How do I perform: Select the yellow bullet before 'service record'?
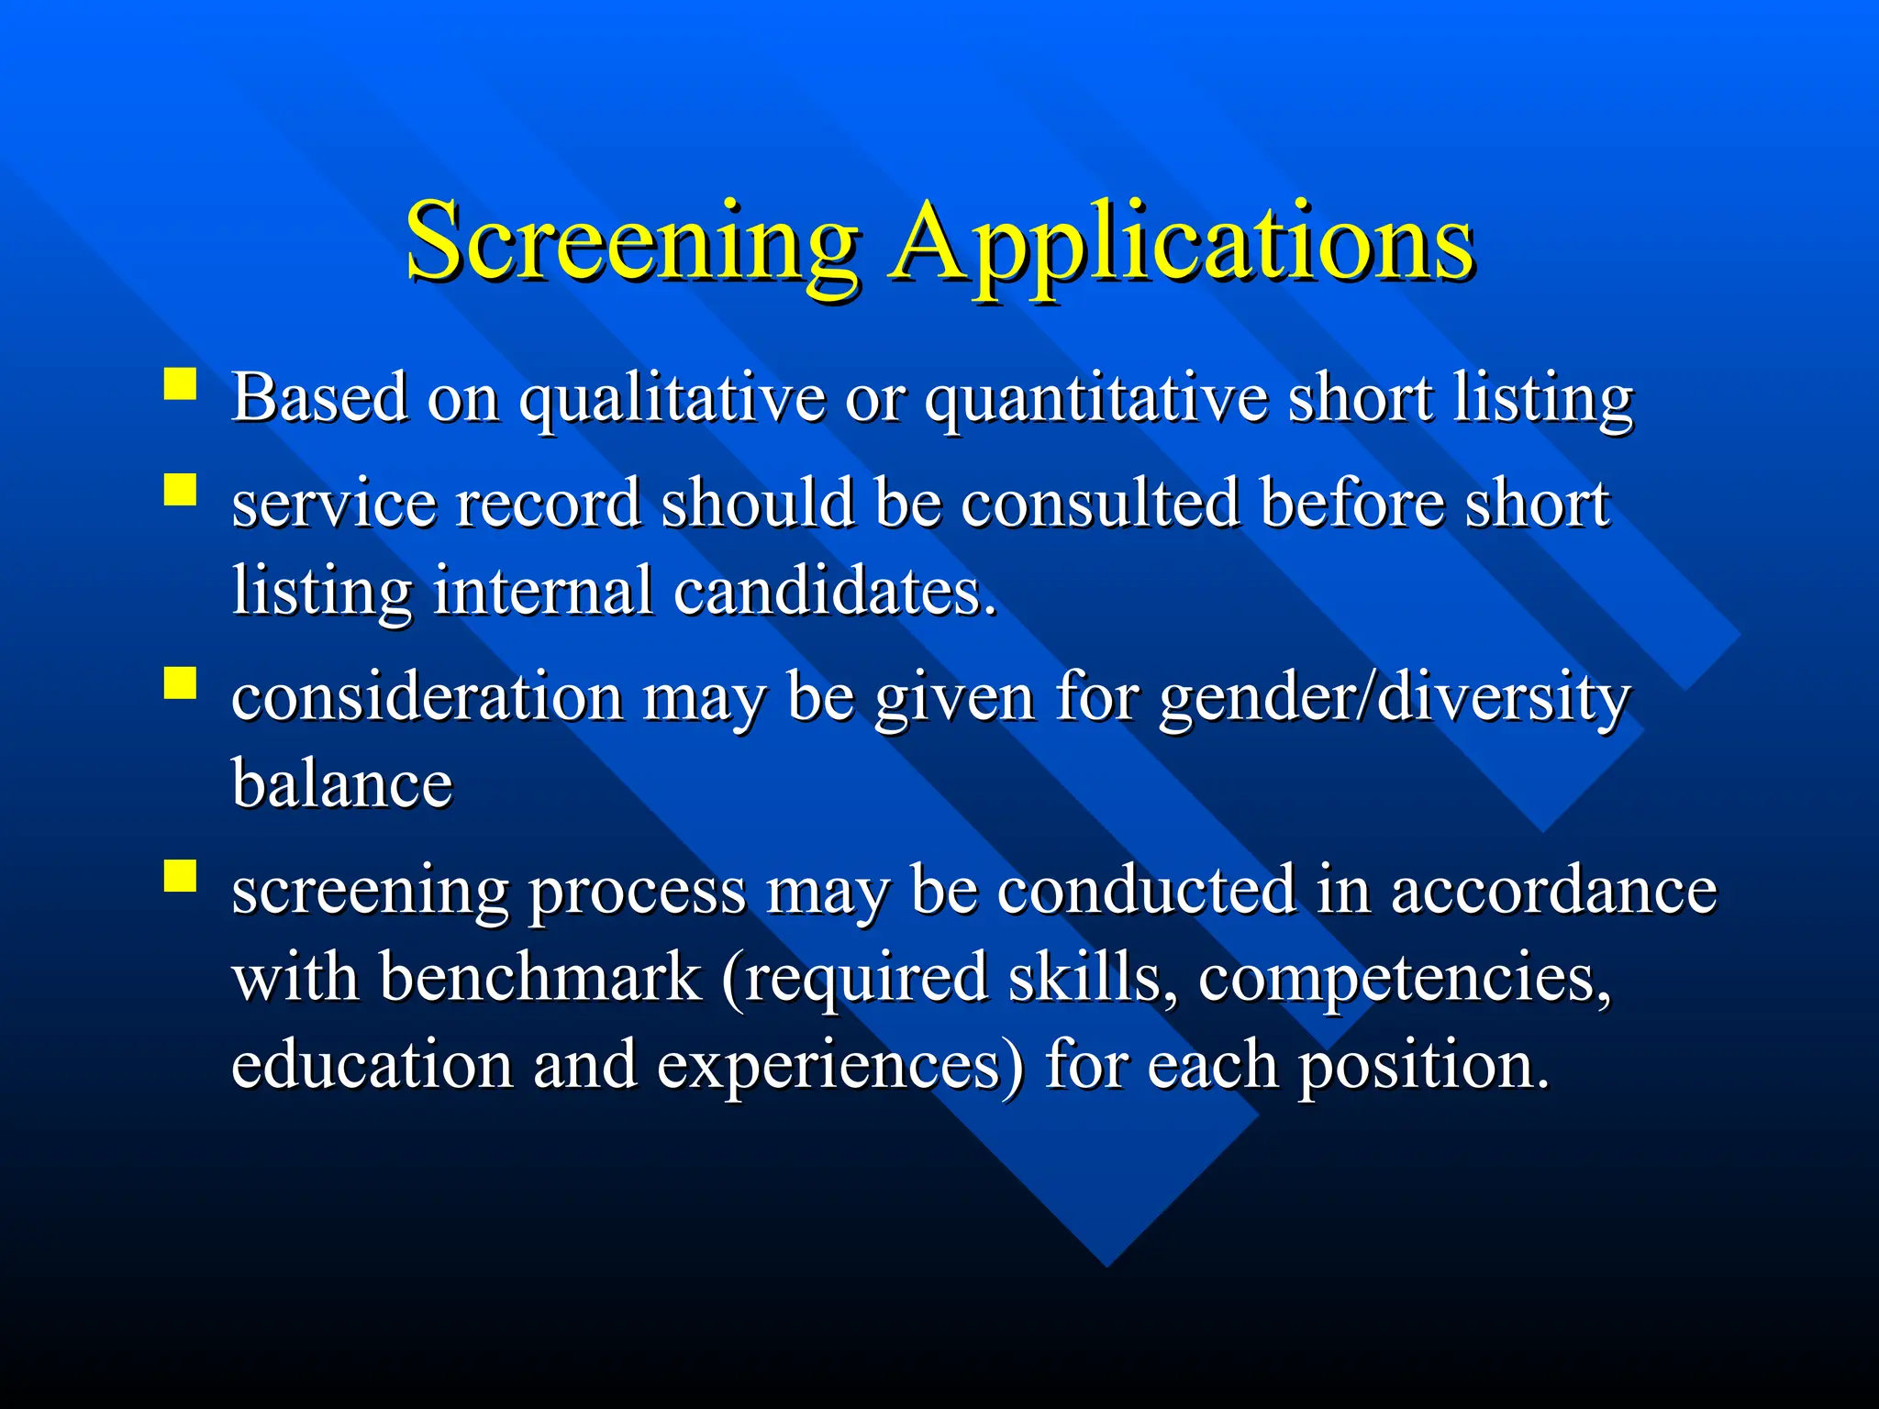181,490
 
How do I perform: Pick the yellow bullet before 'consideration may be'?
181,682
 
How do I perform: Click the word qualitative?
673,400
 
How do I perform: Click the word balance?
342,783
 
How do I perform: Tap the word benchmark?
540,976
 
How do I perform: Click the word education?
372,1064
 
